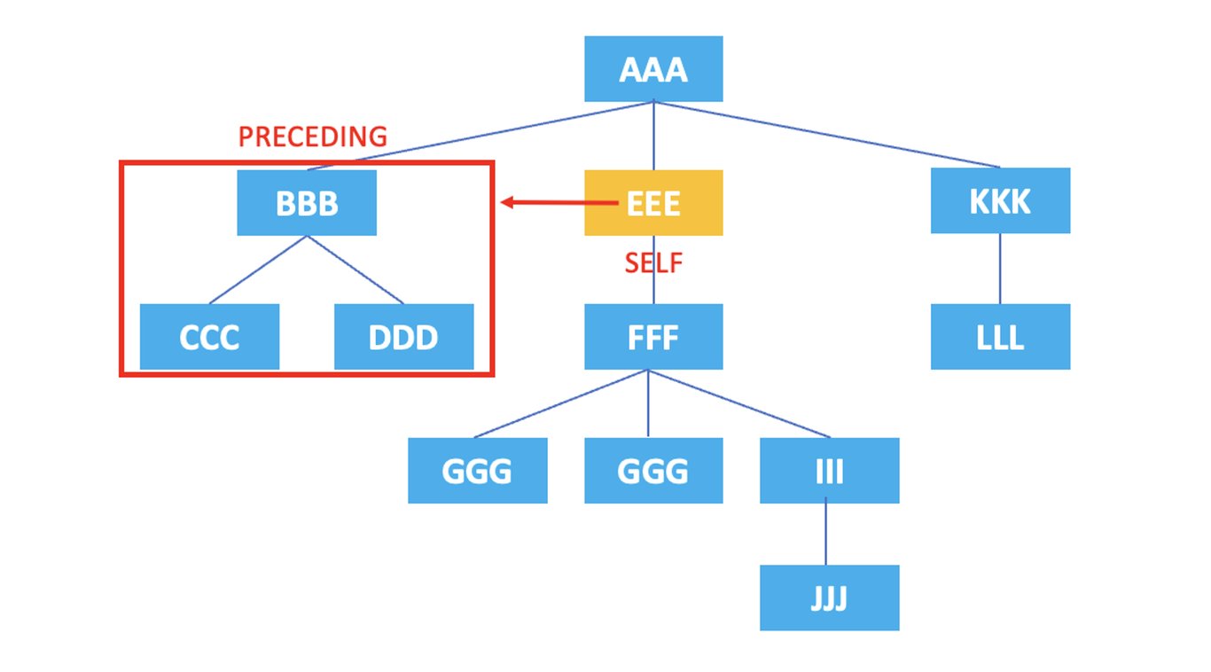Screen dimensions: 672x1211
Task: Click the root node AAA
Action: [653, 69]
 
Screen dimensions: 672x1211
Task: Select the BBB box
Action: [307, 203]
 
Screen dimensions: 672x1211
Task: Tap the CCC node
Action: [209, 337]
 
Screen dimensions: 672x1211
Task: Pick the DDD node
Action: [403, 337]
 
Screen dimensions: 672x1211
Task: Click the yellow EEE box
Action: [653, 203]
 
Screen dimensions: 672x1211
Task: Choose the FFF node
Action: [653, 337]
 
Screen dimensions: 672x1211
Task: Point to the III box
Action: [829, 471]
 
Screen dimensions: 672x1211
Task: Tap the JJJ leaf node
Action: [829, 598]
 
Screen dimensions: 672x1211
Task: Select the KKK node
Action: [1000, 201]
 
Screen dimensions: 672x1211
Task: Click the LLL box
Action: [1000, 337]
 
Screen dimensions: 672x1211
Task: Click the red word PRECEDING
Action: [313, 137]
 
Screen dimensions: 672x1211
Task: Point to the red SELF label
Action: [653, 262]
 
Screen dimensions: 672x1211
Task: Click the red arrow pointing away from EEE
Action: [559, 203]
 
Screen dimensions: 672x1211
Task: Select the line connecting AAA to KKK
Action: [826, 134]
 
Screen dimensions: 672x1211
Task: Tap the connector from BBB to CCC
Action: [258, 270]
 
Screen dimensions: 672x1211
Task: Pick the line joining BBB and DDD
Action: [355, 270]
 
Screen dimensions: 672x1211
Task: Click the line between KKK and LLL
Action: [1000, 269]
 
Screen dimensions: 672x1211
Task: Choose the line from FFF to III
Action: [739, 403]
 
